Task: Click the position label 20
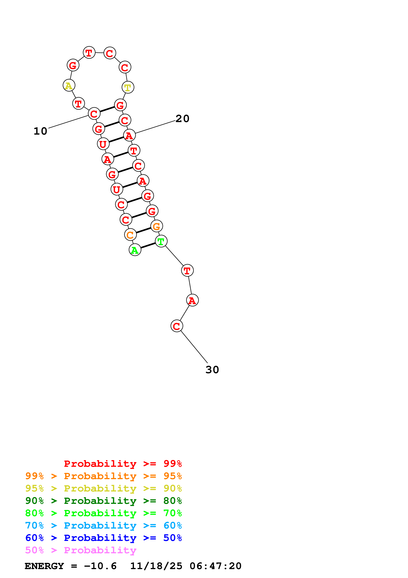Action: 182,119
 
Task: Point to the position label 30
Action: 212,370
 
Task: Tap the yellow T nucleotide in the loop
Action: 128,87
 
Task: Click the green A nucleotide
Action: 135,250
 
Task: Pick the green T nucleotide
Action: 161,241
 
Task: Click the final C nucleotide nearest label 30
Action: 177,326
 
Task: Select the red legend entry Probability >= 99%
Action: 123,463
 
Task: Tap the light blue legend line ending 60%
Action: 103,525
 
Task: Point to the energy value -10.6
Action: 100,566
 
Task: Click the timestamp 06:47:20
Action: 215,566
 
